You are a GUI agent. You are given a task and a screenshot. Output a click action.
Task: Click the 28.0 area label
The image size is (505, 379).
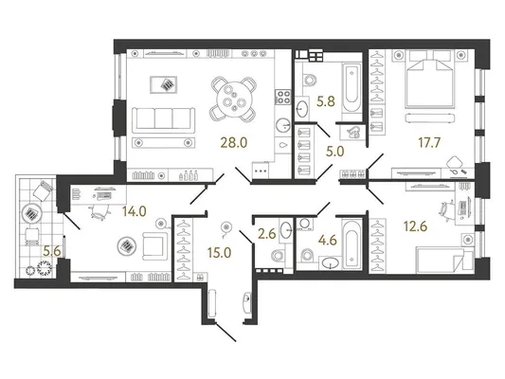click(234, 142)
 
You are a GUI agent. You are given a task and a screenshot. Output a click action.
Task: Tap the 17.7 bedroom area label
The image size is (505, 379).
click(429, 142)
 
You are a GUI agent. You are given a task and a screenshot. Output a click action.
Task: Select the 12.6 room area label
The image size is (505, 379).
click(416, 226)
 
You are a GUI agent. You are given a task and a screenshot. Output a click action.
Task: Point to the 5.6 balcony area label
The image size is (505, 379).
click(52, 251)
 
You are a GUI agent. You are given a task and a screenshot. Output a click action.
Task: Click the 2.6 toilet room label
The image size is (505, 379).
click(267, 234)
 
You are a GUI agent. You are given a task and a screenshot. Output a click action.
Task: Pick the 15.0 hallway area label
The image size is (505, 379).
click(219, 253)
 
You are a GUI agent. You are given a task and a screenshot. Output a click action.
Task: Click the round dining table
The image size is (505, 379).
click(234, 99)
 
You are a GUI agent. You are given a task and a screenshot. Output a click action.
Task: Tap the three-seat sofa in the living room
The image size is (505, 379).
click(164, 119)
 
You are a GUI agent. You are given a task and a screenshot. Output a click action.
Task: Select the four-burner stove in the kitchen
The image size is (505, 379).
click(283, 98)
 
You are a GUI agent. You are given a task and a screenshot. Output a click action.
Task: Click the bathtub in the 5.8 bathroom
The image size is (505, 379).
click(352, 87)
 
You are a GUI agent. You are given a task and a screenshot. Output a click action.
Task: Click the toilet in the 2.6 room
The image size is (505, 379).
click(278, 256)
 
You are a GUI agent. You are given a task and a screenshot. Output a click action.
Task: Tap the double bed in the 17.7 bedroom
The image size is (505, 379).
click(431, 79)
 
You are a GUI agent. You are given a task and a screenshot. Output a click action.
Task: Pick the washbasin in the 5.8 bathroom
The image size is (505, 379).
click(302, 109)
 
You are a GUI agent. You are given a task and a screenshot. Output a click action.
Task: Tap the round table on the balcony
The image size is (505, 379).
click(31, 214)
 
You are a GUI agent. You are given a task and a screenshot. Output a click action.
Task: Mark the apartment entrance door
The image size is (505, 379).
click(225, 332)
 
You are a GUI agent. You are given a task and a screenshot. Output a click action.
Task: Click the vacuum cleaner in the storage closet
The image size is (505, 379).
click(352, 133)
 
